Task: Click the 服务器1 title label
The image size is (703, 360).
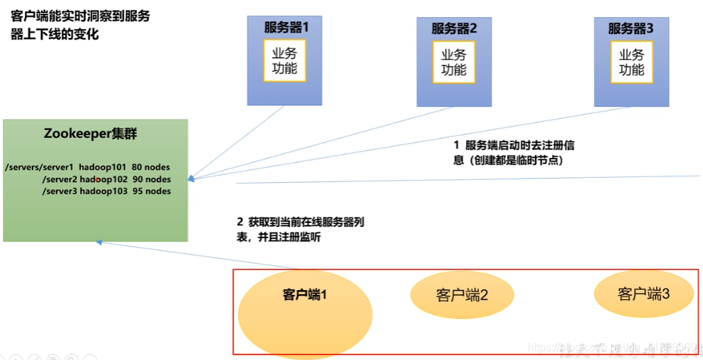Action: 285,28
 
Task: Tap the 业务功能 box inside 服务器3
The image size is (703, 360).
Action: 631,62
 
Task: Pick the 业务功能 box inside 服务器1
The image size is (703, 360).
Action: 284,61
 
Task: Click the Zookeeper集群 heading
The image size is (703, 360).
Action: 90,134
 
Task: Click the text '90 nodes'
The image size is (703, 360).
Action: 152,179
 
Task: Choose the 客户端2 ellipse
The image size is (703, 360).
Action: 462,295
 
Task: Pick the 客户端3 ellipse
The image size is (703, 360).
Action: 643,294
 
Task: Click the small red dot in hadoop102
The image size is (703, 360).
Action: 96,179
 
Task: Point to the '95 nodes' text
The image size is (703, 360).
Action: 152,191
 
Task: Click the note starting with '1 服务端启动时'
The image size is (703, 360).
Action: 513,152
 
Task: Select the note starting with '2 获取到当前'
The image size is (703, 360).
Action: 301,230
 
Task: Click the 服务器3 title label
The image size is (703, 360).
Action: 631,28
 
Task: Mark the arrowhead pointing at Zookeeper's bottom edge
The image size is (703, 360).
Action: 99,242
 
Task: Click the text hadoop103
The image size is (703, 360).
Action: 103,191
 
